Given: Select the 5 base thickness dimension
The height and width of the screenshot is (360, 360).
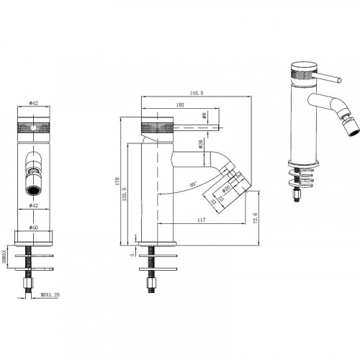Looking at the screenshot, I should [x=132, y=253].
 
